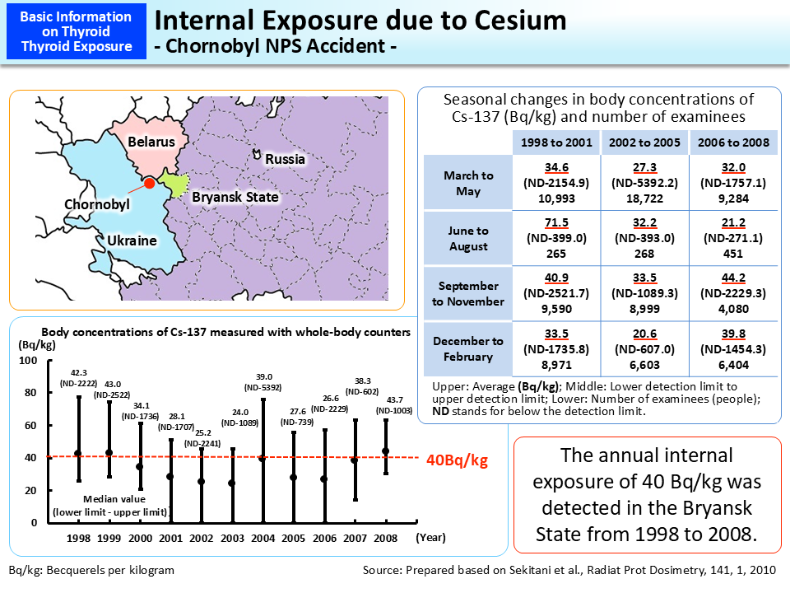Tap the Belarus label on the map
[151, 142]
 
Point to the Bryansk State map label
[235, 198]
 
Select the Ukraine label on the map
[131, 241]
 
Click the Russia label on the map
[285, 159]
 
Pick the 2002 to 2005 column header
[644, 142]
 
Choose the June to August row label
[468, 239]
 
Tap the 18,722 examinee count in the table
[644, 198]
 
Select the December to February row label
[468, 349]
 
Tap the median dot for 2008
[386, 451]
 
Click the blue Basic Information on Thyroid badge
[76, 32]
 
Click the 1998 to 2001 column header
[556, 142]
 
